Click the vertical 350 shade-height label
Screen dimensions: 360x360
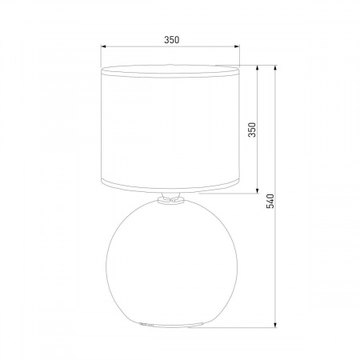click(251, 130)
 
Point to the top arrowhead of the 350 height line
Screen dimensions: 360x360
click(258, 68)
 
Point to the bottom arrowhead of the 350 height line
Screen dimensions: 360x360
click(258, 193)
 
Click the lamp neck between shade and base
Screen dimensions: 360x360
click(170, 201)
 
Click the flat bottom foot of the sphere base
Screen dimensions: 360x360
click(170, 326)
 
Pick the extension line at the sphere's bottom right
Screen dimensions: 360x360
click(240, 326)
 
